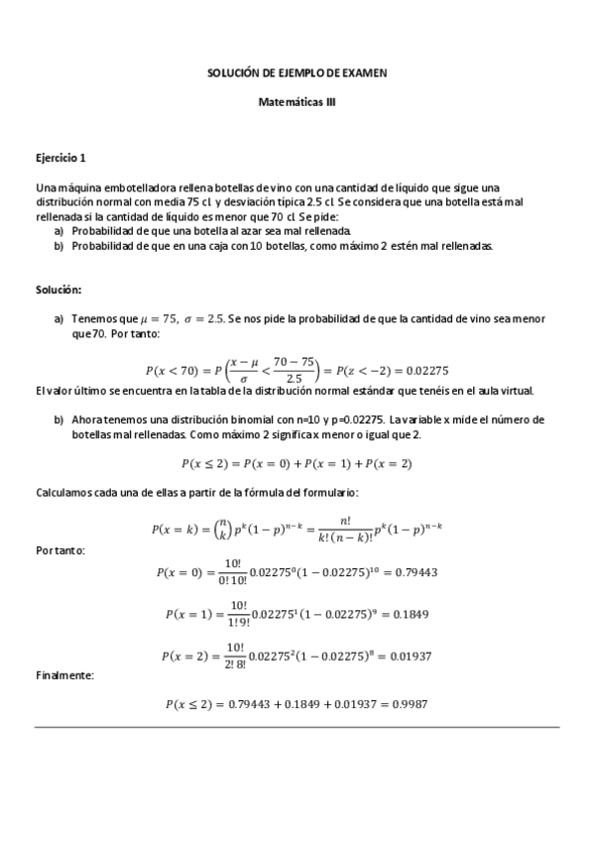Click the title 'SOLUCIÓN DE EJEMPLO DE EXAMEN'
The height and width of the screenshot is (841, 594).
pos(297,73)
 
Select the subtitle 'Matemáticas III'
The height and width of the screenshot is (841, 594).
pos(297,101)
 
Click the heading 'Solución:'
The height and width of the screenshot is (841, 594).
pos(59,290)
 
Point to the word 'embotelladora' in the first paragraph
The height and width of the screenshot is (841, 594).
pos(128,187)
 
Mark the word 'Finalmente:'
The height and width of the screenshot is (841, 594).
pos(63,675)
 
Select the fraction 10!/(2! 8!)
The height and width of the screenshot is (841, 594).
pos(239,657)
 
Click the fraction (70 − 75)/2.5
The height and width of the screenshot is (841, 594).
pos(294,371)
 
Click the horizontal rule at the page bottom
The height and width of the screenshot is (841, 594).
pos(297,727)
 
